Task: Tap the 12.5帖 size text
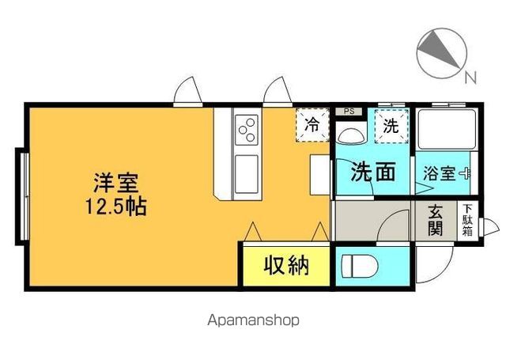pos(117,207)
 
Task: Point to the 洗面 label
pos(373,172)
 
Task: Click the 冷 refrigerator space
pos(312,123)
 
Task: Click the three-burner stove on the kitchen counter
pos(247,128)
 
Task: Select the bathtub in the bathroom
pos(444,130)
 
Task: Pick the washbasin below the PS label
pos(349,134)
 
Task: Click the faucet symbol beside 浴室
pos(466,172)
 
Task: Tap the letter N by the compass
pos(470,77)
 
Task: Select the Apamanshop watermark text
pos(253,320)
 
